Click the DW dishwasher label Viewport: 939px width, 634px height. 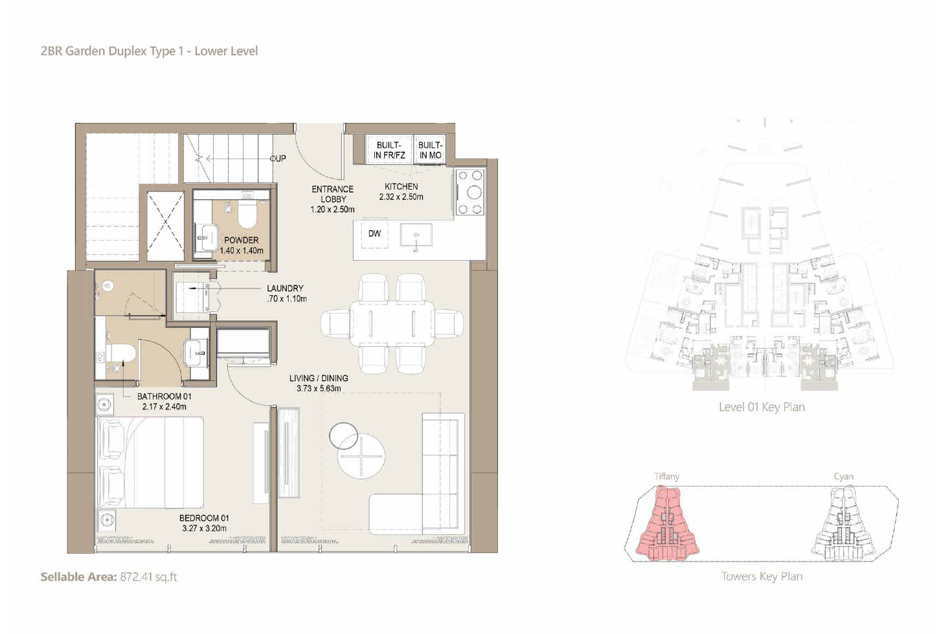pos(374,234)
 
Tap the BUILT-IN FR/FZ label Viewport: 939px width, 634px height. pos(390,150)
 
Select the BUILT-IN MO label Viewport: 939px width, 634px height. pos(431,150)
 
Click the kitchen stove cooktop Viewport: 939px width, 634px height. pos(470,191)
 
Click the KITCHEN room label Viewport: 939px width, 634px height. pos(401,191)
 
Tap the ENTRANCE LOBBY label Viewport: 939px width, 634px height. pos(332,199)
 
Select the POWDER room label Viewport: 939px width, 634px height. pos(242,245)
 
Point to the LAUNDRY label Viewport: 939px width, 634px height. pos(286,294)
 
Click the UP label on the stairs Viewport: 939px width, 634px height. pos(279,158)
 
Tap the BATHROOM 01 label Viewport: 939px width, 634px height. pos(164,401)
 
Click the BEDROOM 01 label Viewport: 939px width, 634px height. pos(204,523)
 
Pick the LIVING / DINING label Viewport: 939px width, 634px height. pos(319,383)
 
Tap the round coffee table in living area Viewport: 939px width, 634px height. pos(361,456)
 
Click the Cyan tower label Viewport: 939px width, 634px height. pos(843,477)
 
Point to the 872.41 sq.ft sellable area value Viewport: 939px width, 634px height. pos(148,577)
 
